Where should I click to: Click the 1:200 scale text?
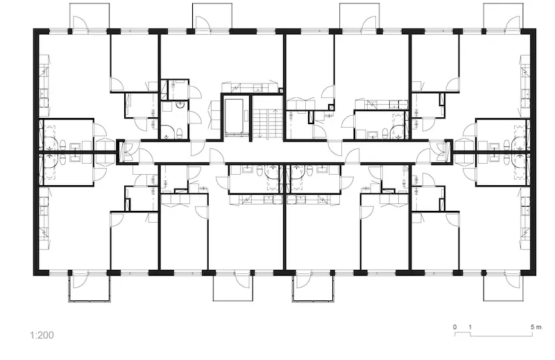tap(42, 335)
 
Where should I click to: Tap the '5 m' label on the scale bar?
tap(536, 327)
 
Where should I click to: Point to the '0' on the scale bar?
tap(455, 327)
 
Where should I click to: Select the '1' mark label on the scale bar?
tap(470, 327)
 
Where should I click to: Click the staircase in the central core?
tap(267, 118)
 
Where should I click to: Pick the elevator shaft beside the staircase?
tap(234, 117)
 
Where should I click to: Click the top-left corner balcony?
tap(89, 16)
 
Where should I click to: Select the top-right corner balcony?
tap(504, 16)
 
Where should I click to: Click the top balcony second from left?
tap(212, 16)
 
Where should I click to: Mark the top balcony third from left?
tap(359, 16)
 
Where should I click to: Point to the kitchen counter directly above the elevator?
tap(250, 87)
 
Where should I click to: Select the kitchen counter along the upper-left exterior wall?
tap(44, 85)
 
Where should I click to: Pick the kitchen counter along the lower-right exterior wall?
tap(525, 218)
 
